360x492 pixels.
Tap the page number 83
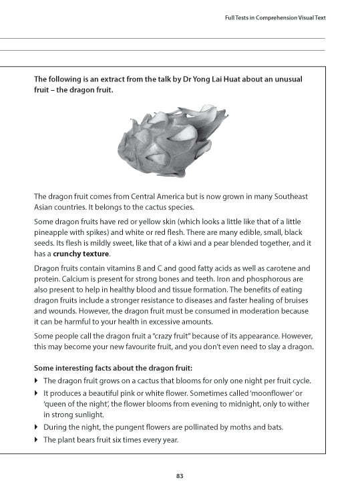[180, 475]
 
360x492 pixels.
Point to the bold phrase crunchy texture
[82, 254]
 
